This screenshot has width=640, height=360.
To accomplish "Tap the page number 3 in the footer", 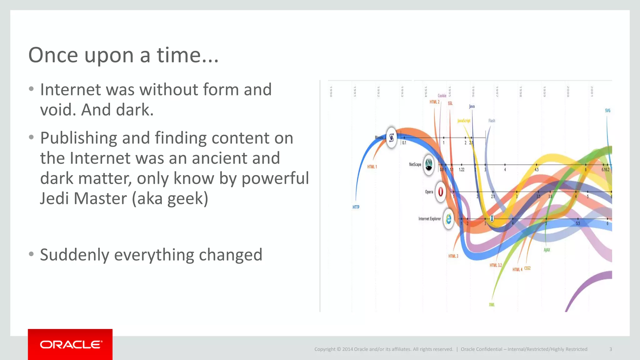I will pos(610,349).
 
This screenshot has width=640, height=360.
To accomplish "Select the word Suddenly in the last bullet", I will pos(74,255).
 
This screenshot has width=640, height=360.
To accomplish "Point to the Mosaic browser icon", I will pos(391,137).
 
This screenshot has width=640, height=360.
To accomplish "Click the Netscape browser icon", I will pos(429,164).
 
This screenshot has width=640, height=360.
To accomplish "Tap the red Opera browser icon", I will pos(441,192).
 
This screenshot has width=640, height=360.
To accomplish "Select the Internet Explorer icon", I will pos(449,219).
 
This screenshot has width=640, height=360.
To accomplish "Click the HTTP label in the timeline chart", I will pos(356,207).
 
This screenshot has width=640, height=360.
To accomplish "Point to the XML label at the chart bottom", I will pos(492,305).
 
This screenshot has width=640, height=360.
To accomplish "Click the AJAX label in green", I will pos(547,250).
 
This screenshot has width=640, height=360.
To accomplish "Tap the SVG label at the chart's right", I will pos(607,111).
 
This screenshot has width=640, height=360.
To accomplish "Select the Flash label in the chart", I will pos(492,121).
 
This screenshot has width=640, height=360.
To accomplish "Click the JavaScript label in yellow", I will pos(464,121).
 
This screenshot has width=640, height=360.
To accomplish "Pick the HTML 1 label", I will pos(372,167).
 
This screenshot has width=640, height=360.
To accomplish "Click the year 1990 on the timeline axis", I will pos(331,91).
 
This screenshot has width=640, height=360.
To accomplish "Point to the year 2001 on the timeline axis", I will pos(592,91).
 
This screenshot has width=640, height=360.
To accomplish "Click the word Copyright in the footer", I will pos(324,349).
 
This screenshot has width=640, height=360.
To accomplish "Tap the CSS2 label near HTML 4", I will pos(527,268).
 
